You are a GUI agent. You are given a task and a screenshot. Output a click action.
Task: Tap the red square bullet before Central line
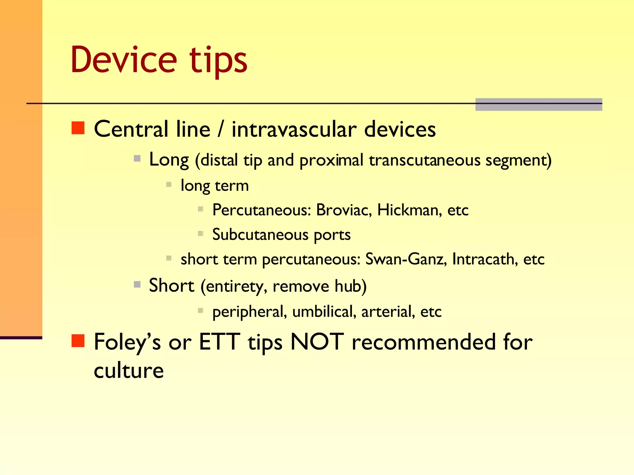(78, 128)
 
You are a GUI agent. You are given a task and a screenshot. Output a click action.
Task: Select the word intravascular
(294, 129)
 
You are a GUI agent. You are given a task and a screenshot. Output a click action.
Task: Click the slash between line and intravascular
(220, 129)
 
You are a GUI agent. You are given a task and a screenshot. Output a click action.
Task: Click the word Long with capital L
(169, 160)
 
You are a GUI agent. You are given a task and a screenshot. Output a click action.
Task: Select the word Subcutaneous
(260, 235)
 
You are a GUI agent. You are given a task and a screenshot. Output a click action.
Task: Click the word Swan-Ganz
(406, 259)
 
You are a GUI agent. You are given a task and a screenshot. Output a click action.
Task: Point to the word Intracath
(485, 259)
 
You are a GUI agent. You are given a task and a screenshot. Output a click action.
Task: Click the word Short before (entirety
(171, 285)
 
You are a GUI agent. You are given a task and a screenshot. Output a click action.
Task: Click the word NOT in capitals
(317, 342)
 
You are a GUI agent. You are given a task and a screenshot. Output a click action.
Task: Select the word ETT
(219, 342)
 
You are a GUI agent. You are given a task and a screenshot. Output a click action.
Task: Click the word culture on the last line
(128, 370)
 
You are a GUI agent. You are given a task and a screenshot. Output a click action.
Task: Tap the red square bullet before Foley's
(78, 341)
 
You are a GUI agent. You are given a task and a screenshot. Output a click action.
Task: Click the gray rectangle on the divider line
(538, 105)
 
